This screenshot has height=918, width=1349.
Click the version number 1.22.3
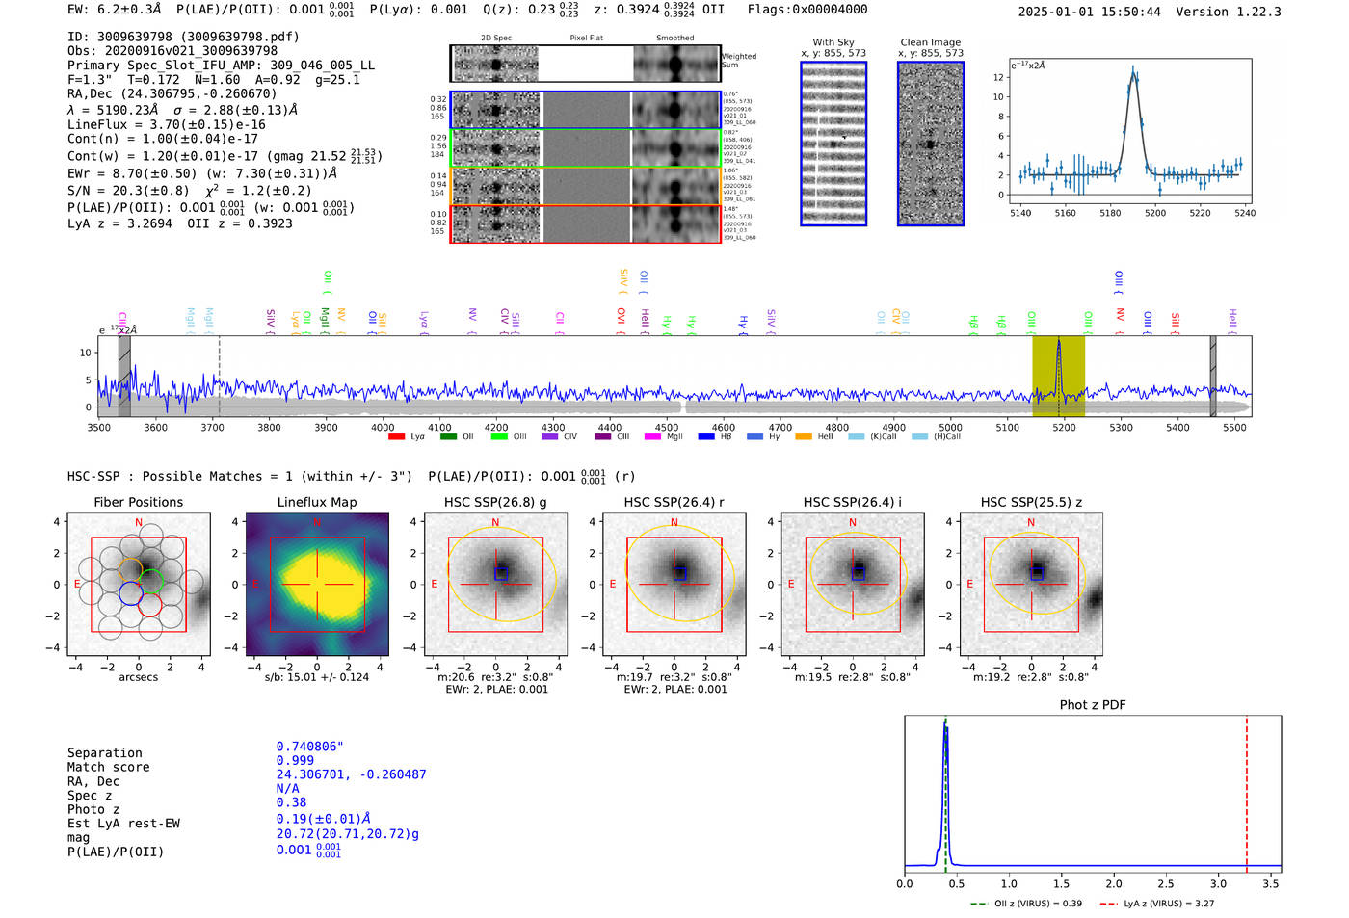click(1248, 12)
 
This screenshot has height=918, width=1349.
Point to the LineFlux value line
click(167, 124)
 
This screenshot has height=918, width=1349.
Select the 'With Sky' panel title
click(833, 42)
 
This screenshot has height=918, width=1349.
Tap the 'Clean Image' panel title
click(930, 42)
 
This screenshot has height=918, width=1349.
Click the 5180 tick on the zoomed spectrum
click(1110, 213)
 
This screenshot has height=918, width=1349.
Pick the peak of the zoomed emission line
click(1133, 69)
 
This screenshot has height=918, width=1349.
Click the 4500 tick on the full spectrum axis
click(667, 427)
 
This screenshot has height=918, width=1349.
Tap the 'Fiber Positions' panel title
click(138, 502)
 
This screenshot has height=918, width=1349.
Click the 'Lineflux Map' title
click(317, 502)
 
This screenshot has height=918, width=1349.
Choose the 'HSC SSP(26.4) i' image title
click(853, 502)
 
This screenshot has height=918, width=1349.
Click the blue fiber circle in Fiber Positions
click(131, 593)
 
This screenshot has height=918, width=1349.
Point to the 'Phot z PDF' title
click(1093, 705)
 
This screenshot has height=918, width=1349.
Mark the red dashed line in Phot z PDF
click(1247, 790)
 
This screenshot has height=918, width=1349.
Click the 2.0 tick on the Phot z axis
click(1114, 883)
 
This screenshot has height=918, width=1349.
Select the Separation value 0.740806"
click(309, 747)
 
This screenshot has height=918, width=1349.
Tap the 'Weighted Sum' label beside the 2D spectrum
click(739, 61)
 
